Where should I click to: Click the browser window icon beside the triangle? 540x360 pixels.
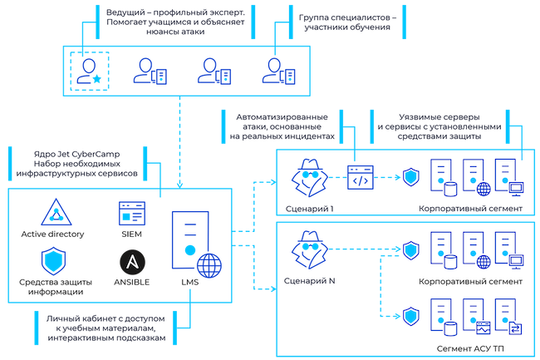point(130,212)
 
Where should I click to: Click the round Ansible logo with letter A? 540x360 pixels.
point(131,262)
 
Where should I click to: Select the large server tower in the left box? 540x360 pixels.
point(189,237)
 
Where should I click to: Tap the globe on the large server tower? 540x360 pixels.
point(211,268)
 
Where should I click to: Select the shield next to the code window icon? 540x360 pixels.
point(410,177)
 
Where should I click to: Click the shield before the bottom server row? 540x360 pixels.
point(410,314)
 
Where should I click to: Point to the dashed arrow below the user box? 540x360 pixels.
point(181,133)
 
